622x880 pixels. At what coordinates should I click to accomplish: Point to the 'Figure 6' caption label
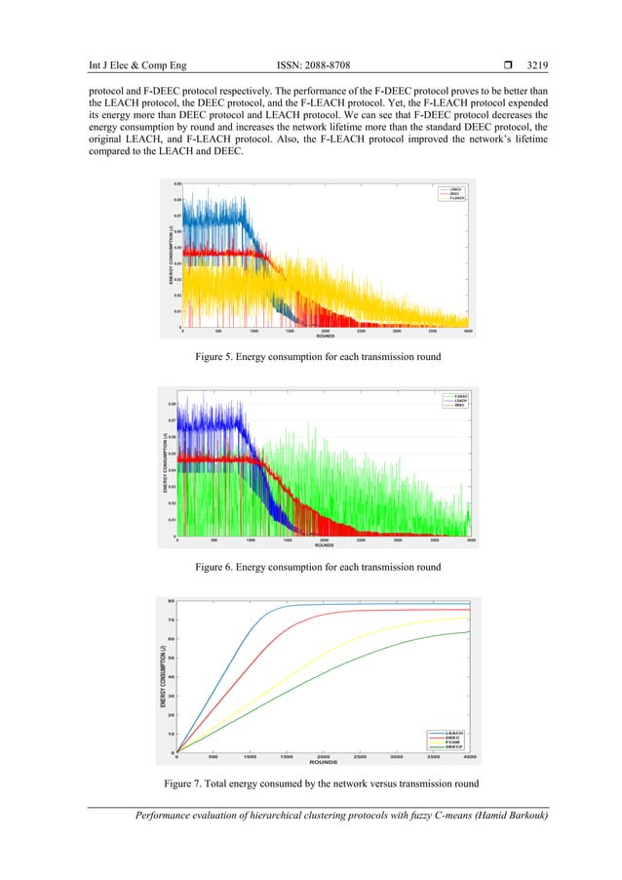click(220, 566)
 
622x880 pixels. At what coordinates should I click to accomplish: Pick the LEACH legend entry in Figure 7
click(453, 731)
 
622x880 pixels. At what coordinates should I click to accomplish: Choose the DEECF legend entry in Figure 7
click(453, 746)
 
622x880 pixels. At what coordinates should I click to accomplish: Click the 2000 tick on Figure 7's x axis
click(323, 757)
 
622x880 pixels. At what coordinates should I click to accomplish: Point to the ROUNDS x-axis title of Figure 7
click(323, 763)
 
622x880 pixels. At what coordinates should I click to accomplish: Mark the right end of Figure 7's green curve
click(470, 631)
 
